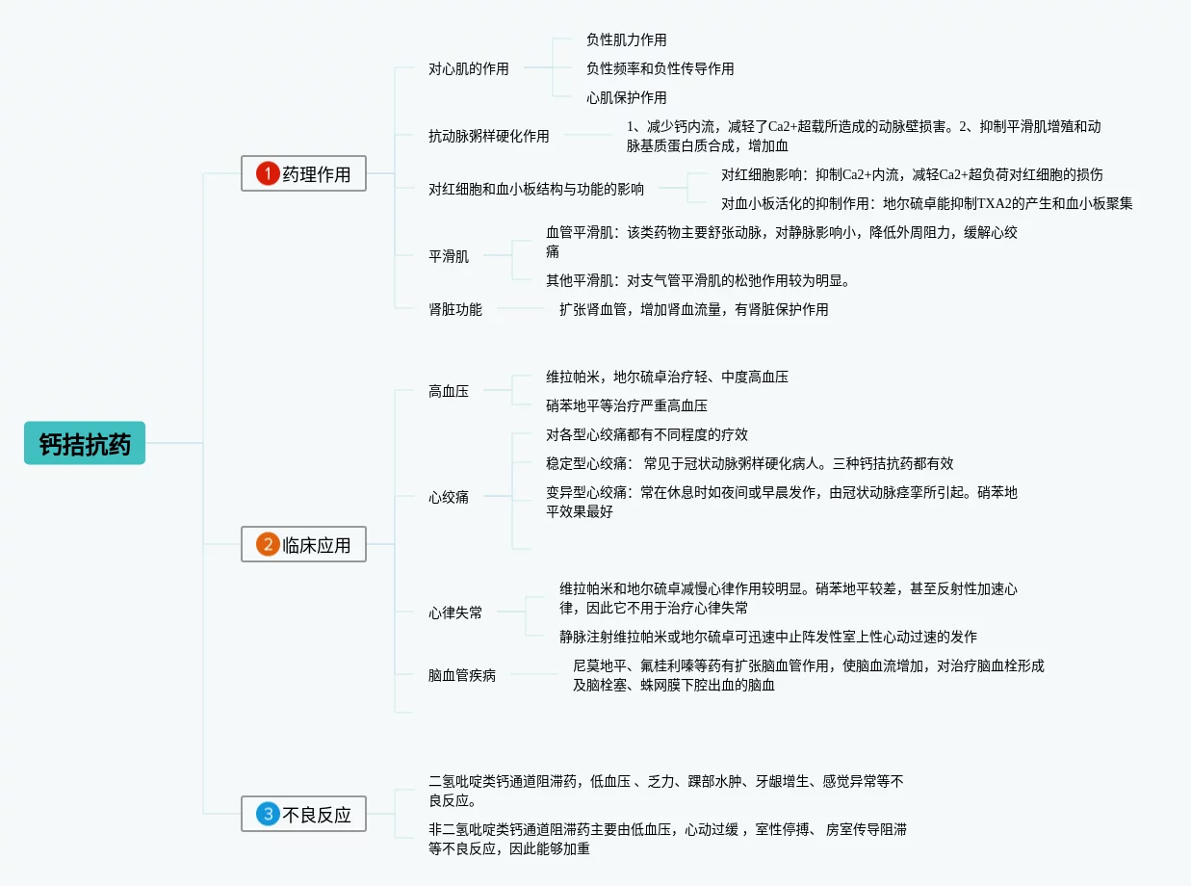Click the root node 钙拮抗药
tap(85, 443)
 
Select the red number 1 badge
tap(267, 173)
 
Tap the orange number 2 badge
tap(267, 544)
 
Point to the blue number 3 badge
tap(267, 814)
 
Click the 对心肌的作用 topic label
tap(469, 68)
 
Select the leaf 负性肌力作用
tap(626, 39)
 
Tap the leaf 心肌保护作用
tap(626, 97)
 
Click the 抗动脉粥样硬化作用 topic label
tap(489, 136)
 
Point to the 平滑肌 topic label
tap(449, 256)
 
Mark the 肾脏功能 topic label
tap(455, 309)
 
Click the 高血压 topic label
tap(449, 391)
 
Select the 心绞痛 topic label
tap(449, 497)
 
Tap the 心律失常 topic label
tap(455, 612)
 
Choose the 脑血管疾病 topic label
tap(462, 675)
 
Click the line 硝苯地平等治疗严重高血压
tap(627, 405)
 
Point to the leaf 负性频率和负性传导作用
tap(660, 68)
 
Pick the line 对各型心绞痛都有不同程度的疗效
tap(647, 434)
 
